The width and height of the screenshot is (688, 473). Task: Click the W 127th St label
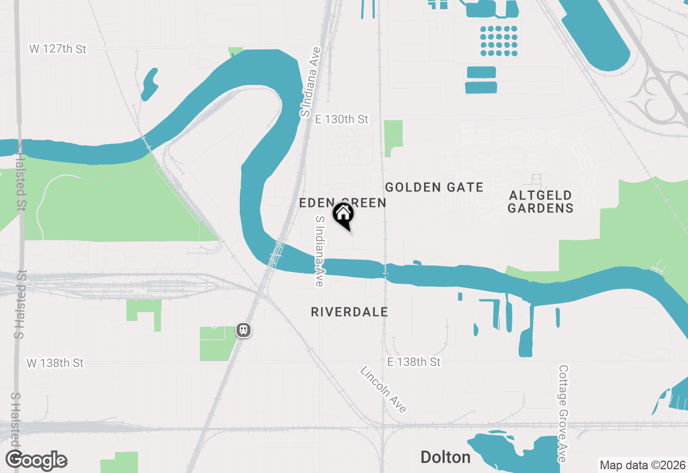pyautogui.click(x=58, y=49)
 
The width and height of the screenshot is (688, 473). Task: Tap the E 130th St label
pyautogui.click(x=342, y=119)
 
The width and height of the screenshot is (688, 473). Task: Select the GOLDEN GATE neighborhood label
pyautogui.click(x=434, y=187)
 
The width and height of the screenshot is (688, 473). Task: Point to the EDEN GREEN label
pyautogui.click(x=342, y=203)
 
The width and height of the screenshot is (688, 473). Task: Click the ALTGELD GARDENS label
pyautogui.click(x=540, y=202)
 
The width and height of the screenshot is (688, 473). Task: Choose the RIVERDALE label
pyautogui.click(x=349, y=312)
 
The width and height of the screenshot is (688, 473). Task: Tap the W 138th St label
pyautogui.click(x=55, y=363)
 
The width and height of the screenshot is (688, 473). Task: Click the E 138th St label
pyautogui.click(x=413, y=362)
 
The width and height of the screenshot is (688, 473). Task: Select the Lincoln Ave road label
pyautogui.click(x=383, y=389)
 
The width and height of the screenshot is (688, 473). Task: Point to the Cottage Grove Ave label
pyautogui.click(x=563, y=413)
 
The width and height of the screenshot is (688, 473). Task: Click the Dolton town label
pyautogui.click(x=446, y=457)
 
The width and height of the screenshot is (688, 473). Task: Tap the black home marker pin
pyautogui.click(x=343, y=215)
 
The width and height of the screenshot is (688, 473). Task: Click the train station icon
pyautogui.click(x=243, y=330)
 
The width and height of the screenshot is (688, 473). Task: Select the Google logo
pyautogui.click(x=36, y=461)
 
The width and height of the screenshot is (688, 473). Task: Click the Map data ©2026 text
pyautogui.click(x=642, y=465)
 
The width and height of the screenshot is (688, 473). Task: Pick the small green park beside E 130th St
pyautogui.click(x=393, y=137)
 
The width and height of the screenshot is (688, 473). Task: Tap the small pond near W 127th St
pyautogui.click(x=149, y=84)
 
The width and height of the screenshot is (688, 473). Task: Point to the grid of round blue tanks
pyautogui.click(x=498, y=41)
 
